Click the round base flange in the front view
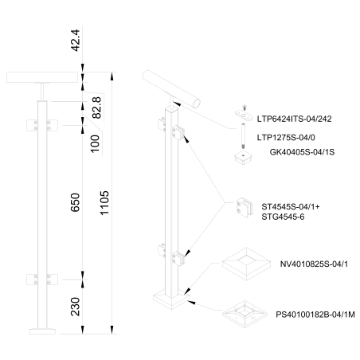click(41, 328)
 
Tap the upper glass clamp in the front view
click(41, 125)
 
